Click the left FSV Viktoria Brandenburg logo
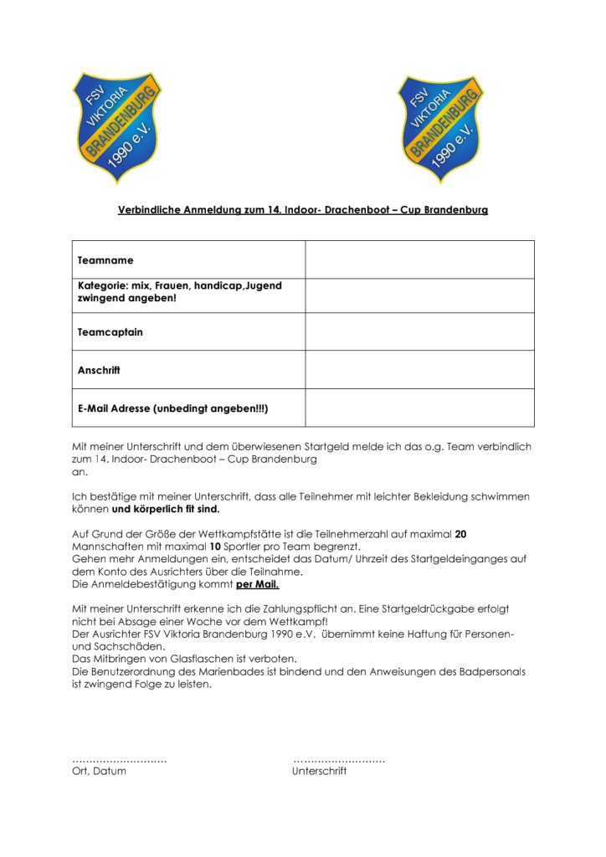(117, 127)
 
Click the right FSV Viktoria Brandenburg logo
(441, 127)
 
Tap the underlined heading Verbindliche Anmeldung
(302, 210)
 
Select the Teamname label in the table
(105, 260)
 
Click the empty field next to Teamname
(419, 259)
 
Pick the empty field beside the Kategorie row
(419, 295)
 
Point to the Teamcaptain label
(110, 332)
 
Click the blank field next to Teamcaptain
(419, 331)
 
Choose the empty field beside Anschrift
(419, 369)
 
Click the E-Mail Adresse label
(172, 408)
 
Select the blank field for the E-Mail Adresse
(419, 408)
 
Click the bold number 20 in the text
(460, 533)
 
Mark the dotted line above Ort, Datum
(120, 760)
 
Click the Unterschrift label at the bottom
(319, 772)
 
